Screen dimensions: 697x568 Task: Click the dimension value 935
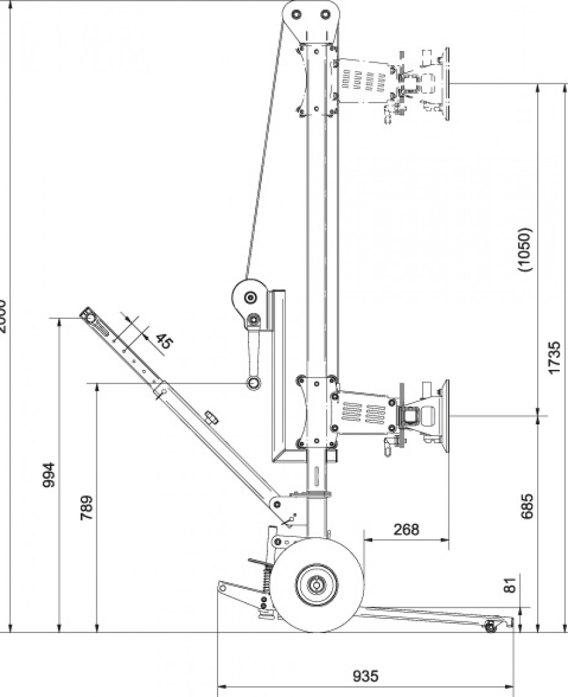pos(365,676)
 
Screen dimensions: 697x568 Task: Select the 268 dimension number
pos(405,529)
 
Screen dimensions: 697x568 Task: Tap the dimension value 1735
pos(553,357)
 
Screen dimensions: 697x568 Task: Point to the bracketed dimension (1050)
pos(525,250)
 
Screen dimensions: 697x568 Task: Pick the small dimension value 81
pos(511,586)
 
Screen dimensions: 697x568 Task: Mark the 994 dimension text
pos(49,475)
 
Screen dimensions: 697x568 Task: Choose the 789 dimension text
pos(86,508)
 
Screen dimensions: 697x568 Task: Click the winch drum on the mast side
pos(249,298)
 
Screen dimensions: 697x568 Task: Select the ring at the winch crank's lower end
pos(252,384)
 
